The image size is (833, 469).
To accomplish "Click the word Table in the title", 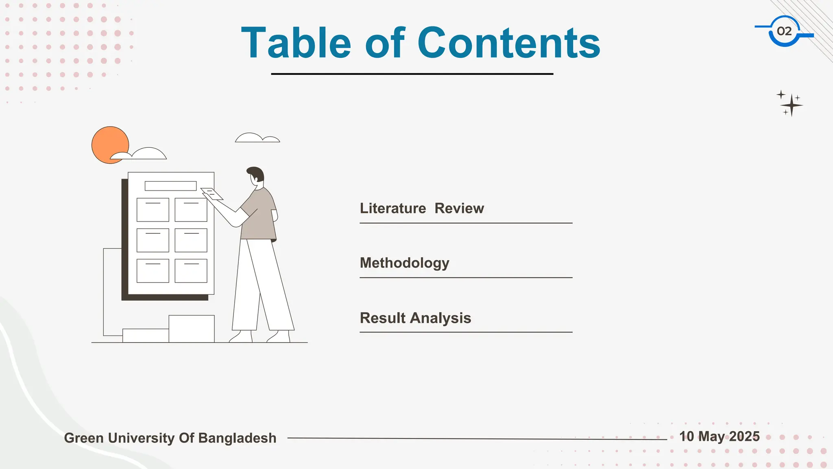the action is tap(296, 43).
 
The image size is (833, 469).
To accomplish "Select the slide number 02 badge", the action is tap(784, 31).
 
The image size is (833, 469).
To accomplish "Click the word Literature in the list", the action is tap(393, 208).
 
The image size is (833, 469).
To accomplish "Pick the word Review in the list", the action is tap(459, 208).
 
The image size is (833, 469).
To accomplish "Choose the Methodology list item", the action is tap(404, 263).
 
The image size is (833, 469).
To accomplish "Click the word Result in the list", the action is tap(383, 318).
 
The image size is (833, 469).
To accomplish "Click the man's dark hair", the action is tap(256, 173).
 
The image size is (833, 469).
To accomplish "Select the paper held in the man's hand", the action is tap(212, 194).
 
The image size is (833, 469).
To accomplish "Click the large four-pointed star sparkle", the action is tap(792, 105).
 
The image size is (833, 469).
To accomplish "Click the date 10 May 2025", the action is tap(719, 436).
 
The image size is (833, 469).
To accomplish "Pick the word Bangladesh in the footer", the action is tap(237, 438).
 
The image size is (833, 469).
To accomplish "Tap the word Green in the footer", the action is tap(84, 438).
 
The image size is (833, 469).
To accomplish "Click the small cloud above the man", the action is tap(257, 138).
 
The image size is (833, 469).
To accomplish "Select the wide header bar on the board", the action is tap(170, 186).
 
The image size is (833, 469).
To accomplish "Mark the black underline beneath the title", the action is tap(412, 74).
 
